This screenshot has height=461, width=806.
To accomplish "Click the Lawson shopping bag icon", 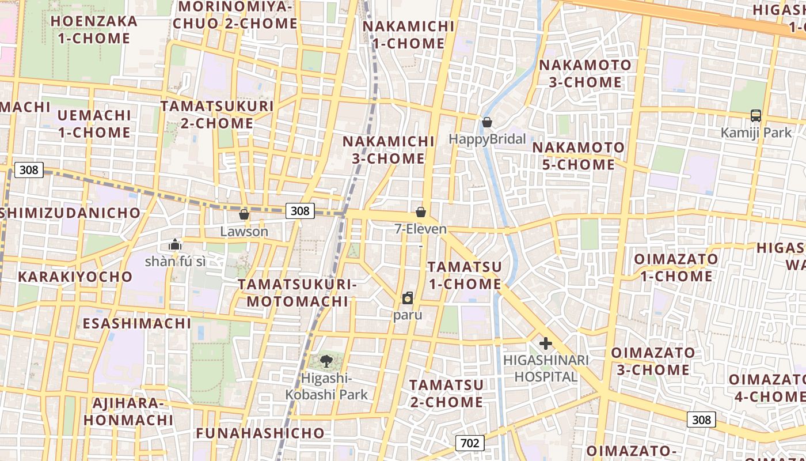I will click(x=244, y=214).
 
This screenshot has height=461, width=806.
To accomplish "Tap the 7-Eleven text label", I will click(x=420, y=229).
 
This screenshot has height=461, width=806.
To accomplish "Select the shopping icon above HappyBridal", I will click(x=487, y=122).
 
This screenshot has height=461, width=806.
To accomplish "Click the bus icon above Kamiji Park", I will click(x=756, y=116).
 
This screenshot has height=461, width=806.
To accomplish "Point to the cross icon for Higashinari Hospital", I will click(x=545, y=344).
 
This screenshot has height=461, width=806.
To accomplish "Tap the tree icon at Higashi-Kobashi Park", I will click(x=326, y=361).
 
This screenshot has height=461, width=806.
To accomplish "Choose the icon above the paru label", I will click(x=408, y=298).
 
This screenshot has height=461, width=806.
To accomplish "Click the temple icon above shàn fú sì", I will click(x=175, y=244).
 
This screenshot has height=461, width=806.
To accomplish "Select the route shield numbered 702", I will click(x=470, y=443).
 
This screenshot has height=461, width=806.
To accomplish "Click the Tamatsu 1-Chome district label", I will click(x=465, y=275).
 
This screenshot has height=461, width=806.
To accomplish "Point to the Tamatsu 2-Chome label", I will click(x=446, y=393).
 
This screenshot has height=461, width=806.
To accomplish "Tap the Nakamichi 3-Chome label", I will click(x=389, y=150).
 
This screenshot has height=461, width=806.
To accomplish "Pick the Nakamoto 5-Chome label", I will click(x=578, y=156).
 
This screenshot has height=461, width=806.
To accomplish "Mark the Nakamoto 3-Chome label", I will click(x=585, y=74).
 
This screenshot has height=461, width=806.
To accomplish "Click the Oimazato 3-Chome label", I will click(x=653, y=361).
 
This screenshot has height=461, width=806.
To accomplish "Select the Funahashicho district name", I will click(x=260, y=433).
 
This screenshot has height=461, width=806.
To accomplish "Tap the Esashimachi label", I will click(x=137, y=323).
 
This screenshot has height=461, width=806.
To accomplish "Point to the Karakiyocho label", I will click(x=75, y=277).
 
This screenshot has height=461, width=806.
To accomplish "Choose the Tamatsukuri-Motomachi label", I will click(x=298, y=293).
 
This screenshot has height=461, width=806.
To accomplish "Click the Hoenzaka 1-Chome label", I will click(x=94, y=30).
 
